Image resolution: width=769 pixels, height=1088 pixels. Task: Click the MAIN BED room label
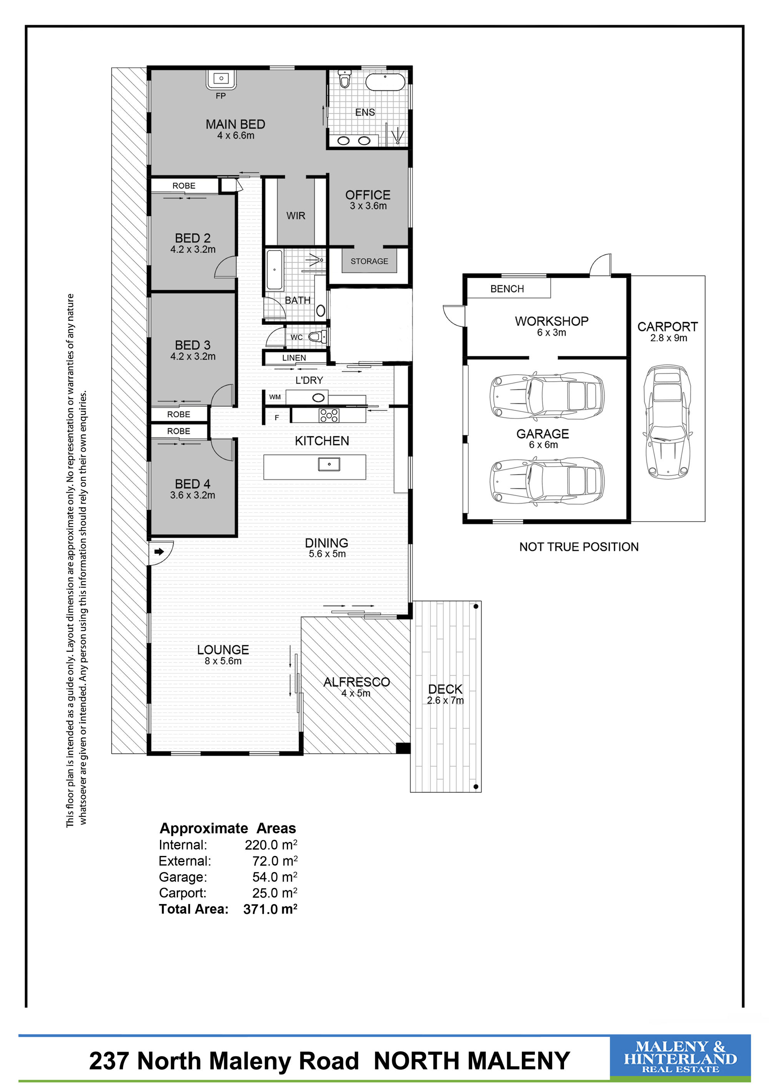tap(235, 124)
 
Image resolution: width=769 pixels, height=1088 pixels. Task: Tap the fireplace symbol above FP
tap(221, 80)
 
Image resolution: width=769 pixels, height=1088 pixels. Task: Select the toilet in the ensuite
tap(345, 80)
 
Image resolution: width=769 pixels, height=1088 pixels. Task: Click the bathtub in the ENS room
tap(385, 82)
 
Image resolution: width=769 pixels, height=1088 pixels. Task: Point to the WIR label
tap(296, 215)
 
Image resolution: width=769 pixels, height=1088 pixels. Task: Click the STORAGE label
tap(370, 261)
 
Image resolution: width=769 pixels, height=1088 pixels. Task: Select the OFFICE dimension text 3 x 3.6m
tap(368, 206)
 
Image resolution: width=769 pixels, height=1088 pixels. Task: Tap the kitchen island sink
tap(329, 464)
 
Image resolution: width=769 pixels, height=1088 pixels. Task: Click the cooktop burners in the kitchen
tap(329, 415)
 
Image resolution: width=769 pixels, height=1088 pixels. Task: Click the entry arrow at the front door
tap(159, 552)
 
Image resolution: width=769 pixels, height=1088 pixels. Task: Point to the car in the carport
tap(667, 421)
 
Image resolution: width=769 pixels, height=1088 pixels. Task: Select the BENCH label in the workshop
tap(507, 289)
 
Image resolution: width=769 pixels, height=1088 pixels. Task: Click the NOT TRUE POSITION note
tap(579, 547)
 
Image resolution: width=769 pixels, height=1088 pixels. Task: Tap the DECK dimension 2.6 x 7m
tap(446, 700)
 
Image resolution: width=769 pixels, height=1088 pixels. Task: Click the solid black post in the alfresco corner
tap(403, 748)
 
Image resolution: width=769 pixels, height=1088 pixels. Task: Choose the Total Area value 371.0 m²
tap(270, 909)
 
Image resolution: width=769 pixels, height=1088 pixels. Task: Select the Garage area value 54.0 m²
tap(275, 877)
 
